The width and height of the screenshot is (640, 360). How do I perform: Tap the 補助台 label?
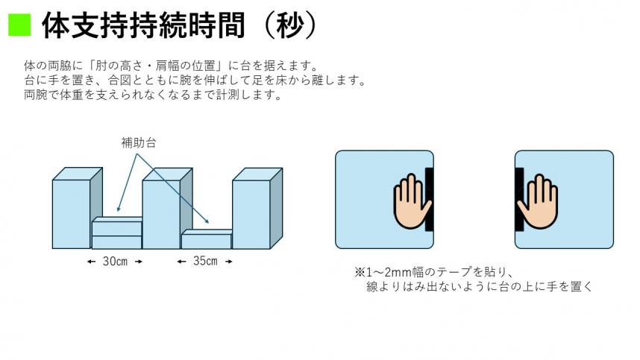point(138,141)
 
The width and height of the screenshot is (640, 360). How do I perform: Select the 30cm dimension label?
point(114,262)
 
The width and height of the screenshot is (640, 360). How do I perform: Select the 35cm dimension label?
point(205,262)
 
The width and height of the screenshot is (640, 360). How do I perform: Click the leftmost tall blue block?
point(72,213)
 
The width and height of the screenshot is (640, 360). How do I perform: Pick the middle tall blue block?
point(162,213)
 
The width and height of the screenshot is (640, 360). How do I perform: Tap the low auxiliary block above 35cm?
point(207,240)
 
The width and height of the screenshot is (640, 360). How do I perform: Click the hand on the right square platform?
point(538,200)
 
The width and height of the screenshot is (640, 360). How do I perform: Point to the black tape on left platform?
point(429,200)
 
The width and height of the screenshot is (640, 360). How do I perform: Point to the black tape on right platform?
point(518,200)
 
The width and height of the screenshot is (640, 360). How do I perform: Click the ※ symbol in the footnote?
point(359,271)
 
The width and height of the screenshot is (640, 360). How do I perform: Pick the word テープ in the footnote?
point(448,271)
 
